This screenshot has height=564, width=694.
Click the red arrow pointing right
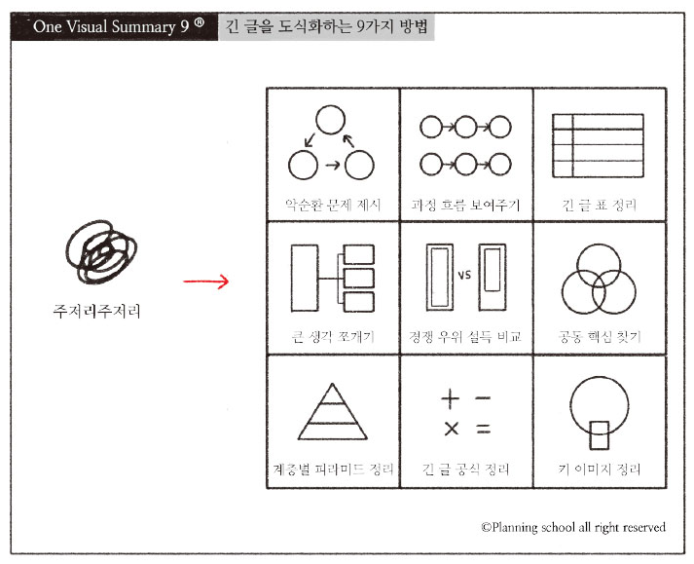point(205,283)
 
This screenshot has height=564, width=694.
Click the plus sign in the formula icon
point(450,397)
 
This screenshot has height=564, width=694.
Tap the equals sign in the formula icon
point(483,429)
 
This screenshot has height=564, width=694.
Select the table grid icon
point(599,143)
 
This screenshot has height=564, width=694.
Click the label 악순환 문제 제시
point(332,207)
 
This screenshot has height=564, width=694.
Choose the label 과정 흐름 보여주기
point(466,207)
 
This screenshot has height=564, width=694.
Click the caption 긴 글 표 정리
point(600,207)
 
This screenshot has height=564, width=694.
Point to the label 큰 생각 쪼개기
point(332,338)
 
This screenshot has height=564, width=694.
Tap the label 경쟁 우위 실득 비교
point(466,338)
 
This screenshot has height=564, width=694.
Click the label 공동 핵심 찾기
point(600,338)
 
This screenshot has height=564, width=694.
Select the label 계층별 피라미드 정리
point(332,470)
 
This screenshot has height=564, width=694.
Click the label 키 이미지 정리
point(600,470)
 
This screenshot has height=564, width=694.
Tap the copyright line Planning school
point(573,527)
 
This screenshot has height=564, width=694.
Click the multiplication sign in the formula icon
point(451,429)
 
